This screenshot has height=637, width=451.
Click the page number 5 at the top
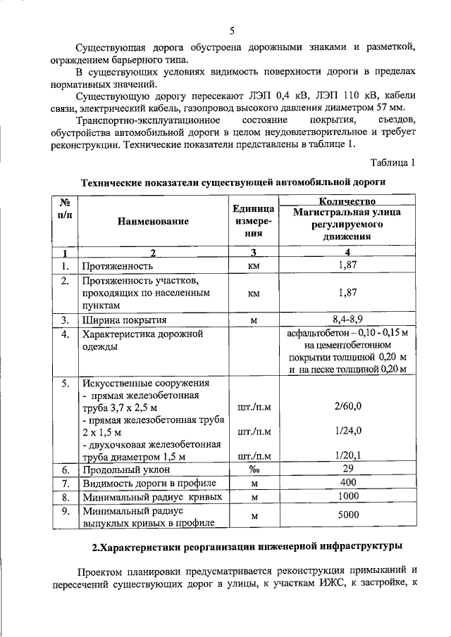click(232, 30)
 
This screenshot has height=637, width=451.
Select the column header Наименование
click(154, 222)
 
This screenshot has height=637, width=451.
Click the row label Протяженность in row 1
click(118, 267)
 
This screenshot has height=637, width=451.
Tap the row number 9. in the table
click(64, 511)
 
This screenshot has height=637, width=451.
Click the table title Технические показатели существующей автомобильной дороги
click(233, 182)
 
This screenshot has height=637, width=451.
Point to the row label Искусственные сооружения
click(146, 384)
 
